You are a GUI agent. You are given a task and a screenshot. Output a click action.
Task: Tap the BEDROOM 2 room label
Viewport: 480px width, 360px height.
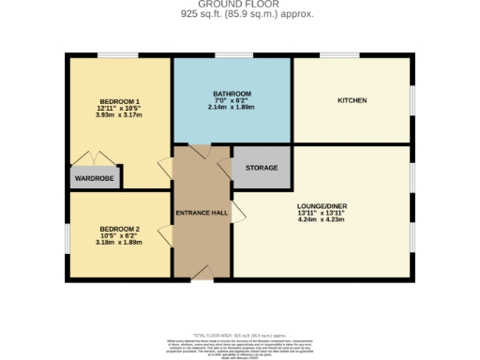click(118, 229)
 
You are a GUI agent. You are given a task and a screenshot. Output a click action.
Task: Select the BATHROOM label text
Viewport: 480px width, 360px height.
click(231, 94)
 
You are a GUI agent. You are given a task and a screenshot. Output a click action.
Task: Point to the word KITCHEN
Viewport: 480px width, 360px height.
click(352, 100)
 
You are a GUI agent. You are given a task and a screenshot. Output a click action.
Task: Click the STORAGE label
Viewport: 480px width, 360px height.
click(262, 167)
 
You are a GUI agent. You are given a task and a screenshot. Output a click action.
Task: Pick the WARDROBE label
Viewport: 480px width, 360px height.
click(94, 177)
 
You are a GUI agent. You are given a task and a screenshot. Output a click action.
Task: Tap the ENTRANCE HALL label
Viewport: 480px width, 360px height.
click(202, 213)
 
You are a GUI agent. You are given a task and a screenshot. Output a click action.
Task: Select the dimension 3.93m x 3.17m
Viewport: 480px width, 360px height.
click(118, 115)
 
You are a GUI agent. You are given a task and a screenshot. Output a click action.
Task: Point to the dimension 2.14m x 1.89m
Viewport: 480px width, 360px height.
click(231, 108)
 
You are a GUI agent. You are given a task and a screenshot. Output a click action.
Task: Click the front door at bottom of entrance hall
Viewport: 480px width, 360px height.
click(202, 276)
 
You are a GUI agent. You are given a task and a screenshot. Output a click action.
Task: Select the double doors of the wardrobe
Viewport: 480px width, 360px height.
click(94, 159)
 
